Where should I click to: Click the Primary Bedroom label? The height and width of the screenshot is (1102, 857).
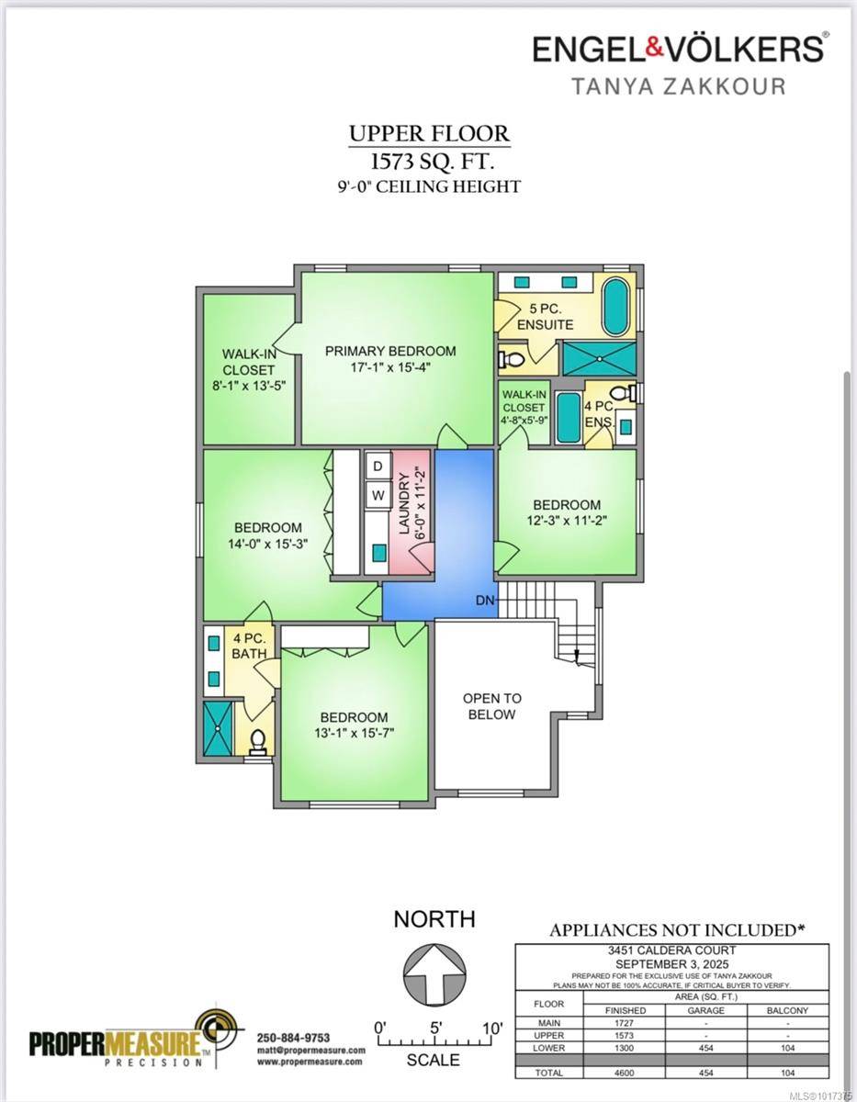point(390,351)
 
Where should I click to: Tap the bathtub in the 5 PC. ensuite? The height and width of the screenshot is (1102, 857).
point(615,306)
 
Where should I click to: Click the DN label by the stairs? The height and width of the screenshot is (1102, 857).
point(486,601)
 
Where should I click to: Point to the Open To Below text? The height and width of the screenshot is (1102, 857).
point(491,706)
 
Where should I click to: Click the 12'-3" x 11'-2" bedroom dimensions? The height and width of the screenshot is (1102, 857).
point(567,520)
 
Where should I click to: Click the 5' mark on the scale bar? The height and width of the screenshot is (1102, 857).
point(435,1027)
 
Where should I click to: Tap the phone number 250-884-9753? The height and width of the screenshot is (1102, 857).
point(293,1037)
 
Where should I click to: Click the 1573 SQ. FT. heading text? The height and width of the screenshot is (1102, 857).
point(432,163)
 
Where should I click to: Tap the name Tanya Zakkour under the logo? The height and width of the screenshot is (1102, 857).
point(679,85)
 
